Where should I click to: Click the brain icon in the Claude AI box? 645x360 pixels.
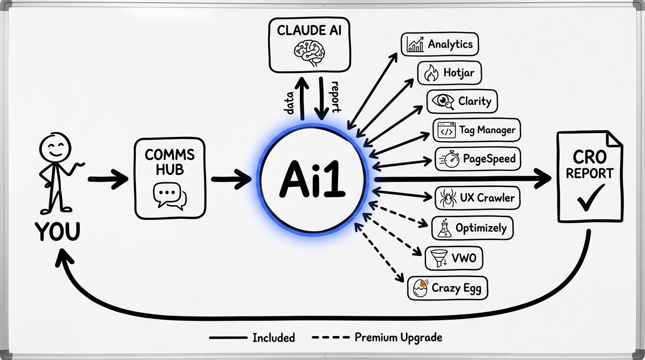[x=309, y=52]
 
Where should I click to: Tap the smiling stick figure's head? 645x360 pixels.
[x=56, y=148]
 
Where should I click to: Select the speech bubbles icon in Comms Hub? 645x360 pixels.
[x=170, y=196]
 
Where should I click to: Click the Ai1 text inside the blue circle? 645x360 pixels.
[x=313, y=180]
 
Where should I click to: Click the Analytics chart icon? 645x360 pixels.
[x=415, y=44]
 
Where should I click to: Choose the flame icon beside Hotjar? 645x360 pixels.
[x=431, y=73]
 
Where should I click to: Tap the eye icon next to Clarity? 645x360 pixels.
[x=443, y=101]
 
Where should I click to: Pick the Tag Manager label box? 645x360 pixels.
[x=476, y=130]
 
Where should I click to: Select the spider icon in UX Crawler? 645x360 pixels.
[x=446, y=198]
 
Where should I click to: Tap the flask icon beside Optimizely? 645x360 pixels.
[x=444, y=228]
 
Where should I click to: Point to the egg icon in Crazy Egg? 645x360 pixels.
[x=420, y=288]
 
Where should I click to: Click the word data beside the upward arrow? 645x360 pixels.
[x=289, y=102]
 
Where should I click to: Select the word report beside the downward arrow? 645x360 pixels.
[x=335, y=97]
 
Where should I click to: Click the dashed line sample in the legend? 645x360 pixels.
[x=330, y=337]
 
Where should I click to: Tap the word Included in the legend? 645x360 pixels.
[x=273, y=337]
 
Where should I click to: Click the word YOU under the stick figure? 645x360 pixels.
[x=57, y=232]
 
